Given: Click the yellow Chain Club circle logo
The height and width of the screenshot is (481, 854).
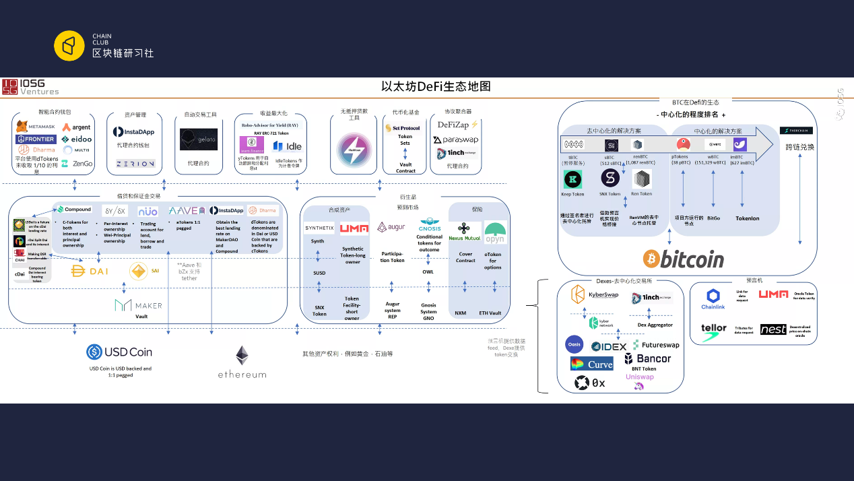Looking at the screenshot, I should tap(69, 46).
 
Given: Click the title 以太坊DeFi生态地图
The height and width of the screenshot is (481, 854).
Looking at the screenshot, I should tap(435, 86).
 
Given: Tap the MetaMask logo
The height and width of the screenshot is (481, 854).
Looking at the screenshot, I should tap(36, 127).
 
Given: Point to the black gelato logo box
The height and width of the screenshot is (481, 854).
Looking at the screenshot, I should tap(199, 139).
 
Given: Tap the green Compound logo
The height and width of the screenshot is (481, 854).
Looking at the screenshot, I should tap(74, 210).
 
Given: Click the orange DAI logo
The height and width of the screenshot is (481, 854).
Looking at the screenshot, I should tap(90, 271).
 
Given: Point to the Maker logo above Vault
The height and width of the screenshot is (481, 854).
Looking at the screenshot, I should tap(139, 305).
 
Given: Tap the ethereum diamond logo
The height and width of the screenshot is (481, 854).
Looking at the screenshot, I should tap(242, 356).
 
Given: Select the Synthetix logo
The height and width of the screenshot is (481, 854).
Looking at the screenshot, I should tap(319, 228).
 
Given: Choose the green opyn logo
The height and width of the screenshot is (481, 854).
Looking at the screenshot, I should tap(495, 232).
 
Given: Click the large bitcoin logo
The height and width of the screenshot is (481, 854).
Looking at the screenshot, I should tap(683, 259).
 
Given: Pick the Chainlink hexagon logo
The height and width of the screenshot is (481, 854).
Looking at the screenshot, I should tap(713, 296).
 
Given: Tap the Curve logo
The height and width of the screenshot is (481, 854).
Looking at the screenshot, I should tap(591, 364).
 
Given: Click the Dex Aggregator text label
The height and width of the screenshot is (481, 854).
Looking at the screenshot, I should tap(655, 325).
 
